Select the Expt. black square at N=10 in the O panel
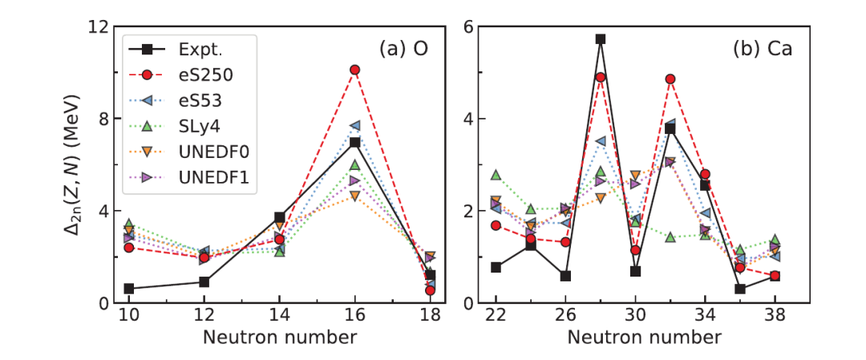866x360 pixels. (x=128, y=289)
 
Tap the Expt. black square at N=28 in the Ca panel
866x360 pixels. (x=601, y=38)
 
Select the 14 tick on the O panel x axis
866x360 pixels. (x=280, y=317)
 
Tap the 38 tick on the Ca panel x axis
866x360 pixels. (x=775, y=317)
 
